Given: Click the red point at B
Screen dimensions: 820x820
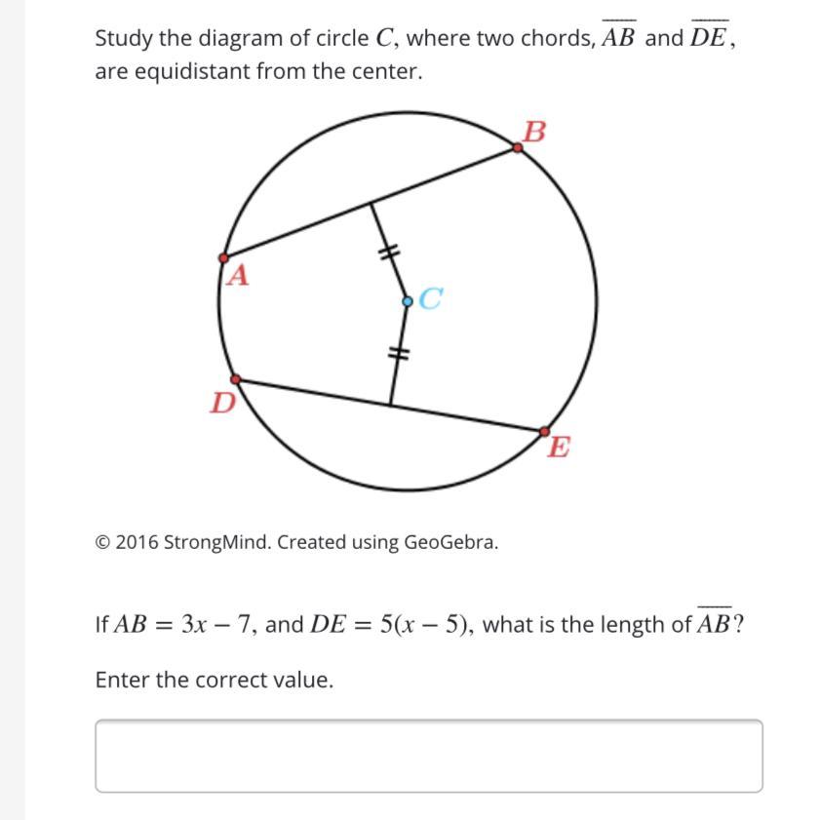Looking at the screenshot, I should [x=518, y=148].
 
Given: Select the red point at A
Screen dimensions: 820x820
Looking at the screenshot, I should [x=223, y=258].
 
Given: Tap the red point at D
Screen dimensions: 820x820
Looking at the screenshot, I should [x=235, y=379].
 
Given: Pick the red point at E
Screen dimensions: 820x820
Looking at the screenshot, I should [x=544, y=431].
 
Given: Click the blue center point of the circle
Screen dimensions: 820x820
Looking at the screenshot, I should [x=408, y=301].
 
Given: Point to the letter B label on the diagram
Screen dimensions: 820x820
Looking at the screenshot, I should [x=534, y=131].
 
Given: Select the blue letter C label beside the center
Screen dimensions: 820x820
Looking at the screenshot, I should [x=431, y=299].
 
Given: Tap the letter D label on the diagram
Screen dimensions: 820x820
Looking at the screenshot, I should [x=223, y=402].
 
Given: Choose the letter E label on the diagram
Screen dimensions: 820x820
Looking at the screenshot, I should [x=559, y=449].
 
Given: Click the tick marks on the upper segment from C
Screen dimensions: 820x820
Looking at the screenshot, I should [x=389, y=253].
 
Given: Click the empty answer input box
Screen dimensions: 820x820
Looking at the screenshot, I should [x=429, y=756].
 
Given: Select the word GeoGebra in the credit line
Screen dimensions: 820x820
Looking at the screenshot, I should [x=452, y=542].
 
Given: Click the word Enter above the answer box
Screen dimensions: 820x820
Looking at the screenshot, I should [x=122, y=680].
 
